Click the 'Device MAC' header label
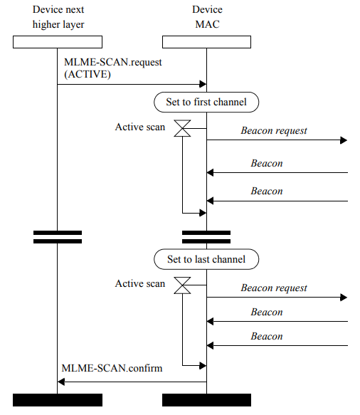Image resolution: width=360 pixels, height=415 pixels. click(x=206, y=17)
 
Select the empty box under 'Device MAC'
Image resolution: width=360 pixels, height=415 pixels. click(x=206, y=42)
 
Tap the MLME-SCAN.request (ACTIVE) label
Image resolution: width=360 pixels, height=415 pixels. click(x=112, y=68)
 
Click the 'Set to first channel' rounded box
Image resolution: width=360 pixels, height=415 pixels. click(x=206, y=102)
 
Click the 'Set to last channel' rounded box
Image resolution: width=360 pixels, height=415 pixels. click(x=206, y=259)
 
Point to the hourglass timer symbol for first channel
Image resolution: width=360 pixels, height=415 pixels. click(x=183, y=129)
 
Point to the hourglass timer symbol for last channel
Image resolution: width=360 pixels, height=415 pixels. click(x=183, y=285)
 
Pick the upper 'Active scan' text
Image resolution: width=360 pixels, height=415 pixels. click(x=140, y=127)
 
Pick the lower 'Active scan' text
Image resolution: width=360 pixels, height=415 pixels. click(x=140, y=284)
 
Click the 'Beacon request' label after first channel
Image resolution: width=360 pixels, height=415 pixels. click(x=274, y=131)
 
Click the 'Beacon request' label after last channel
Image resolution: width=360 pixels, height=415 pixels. click(x=274, y=288)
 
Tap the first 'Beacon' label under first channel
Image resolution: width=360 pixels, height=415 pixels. click(x=267, y=164)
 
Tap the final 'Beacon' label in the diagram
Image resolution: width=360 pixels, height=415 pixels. click(x=267, y=337)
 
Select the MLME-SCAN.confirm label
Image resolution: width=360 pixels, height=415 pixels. click(x=112, y=369)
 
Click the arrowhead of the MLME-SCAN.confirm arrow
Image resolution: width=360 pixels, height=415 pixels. click(x=61, y=382)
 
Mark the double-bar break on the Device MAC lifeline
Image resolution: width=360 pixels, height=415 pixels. click(x=206, y=236)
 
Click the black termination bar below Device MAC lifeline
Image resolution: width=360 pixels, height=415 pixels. click(x=206, y=399)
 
